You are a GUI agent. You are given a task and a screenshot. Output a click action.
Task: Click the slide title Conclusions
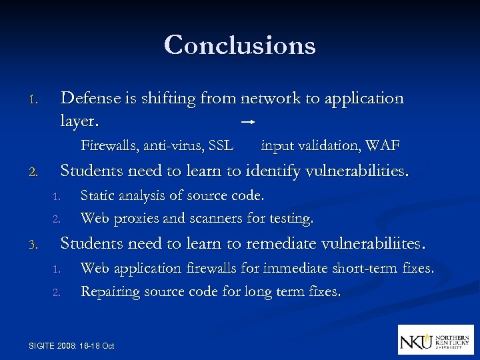click(239, 45)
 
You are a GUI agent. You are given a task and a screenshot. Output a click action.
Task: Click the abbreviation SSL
click(221, 145)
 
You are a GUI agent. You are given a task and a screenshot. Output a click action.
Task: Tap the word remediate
click(277, 243)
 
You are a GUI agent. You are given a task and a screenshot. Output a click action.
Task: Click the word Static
click(97, 196)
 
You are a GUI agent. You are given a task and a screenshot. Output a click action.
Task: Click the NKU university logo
click(435, 339)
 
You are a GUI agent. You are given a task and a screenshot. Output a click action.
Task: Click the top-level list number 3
click(33, 245)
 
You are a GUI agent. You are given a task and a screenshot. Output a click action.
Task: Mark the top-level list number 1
click(33, 101)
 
